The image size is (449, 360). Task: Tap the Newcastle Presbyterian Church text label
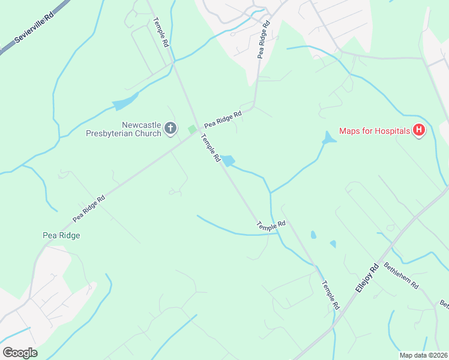142,129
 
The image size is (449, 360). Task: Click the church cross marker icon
171,128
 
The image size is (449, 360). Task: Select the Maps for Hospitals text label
375,131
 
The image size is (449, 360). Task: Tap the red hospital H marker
419,130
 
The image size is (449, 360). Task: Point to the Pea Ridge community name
61,235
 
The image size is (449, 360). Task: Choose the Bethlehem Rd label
401,275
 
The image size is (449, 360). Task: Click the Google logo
20,353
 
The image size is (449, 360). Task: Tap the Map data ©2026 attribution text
423,355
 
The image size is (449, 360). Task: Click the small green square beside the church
192,129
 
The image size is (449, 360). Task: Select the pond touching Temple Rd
228,160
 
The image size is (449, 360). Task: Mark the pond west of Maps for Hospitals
328,139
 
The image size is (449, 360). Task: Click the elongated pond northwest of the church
125,103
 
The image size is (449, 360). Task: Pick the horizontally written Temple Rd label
271,225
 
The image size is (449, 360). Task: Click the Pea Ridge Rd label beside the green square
223,118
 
